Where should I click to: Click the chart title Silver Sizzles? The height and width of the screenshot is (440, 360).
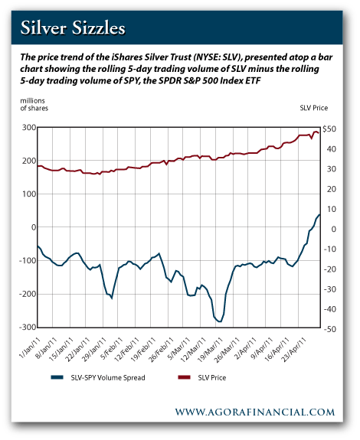click(73, 28)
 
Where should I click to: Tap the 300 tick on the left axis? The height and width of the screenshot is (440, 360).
click(29, 128)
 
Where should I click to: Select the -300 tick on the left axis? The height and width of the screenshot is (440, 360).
click(28, 328)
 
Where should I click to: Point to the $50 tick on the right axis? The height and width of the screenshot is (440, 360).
click(329, 129)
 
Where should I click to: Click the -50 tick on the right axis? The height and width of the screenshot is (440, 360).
click(329, 329)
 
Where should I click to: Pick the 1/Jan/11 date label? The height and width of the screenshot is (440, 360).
click(30, 347)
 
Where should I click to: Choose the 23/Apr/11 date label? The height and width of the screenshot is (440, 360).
click(295, 349)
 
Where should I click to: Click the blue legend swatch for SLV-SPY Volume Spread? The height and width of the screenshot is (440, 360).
click(57, 377)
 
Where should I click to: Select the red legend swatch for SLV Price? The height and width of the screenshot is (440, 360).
click(184, 377)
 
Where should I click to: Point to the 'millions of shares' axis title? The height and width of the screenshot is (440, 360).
click(34, 104)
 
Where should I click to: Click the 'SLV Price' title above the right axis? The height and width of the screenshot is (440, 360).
click(314, 108)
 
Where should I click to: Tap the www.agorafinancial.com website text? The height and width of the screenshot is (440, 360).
click(255, 412)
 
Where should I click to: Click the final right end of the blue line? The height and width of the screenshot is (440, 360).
click(319, 215)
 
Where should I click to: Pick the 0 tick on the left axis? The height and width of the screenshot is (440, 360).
click(34, 227)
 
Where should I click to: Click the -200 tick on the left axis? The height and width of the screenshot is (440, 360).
click(28, 294)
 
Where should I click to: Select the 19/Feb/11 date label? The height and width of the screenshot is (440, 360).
click(143, 349)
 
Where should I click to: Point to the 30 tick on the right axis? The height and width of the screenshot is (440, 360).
click(332, 169)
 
